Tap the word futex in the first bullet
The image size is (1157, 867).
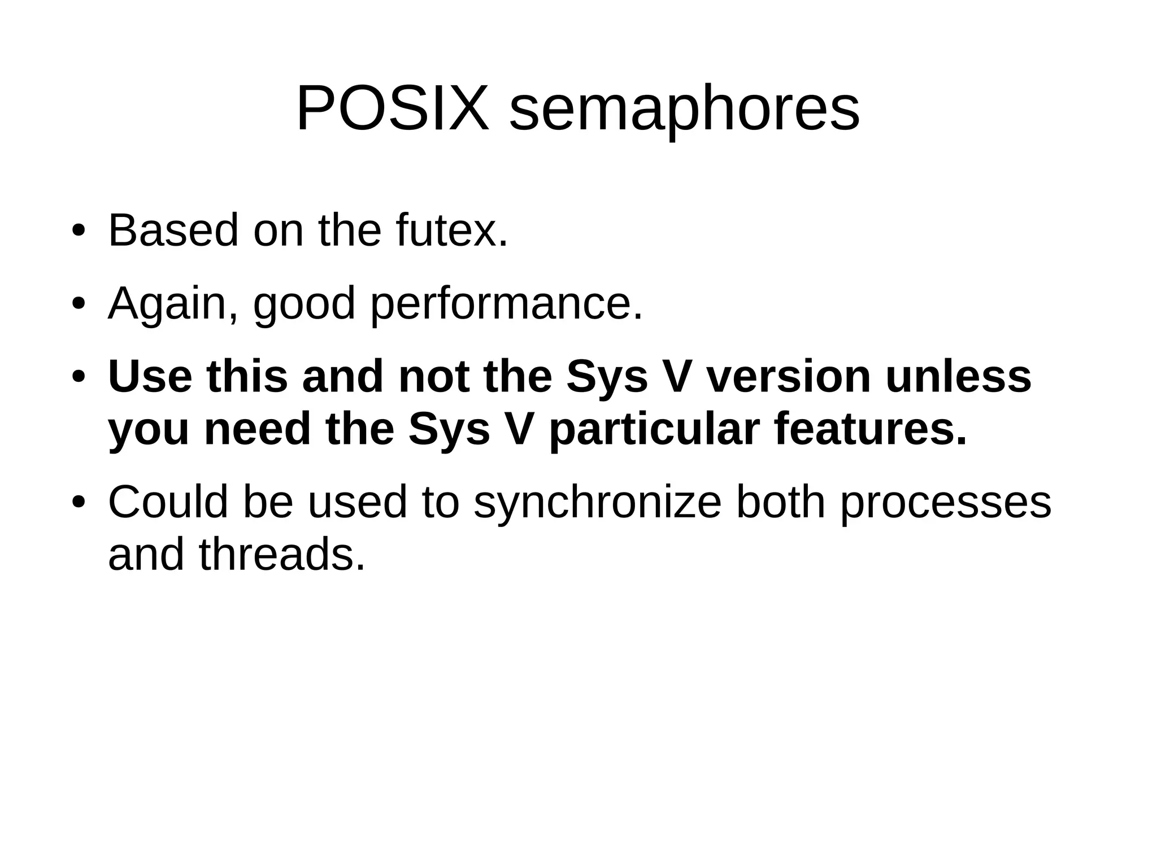(451, 230)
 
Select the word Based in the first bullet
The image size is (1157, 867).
(173, 230)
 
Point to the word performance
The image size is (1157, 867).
(506, 305)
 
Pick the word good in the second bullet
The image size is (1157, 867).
(304, 305)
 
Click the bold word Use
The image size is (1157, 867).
(150, 377)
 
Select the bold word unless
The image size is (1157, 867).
(958, 377)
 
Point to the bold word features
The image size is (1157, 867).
(869, 429)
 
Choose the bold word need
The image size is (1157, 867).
(257, 429)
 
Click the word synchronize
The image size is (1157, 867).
(598, 503)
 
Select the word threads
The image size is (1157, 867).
(281, 555)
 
